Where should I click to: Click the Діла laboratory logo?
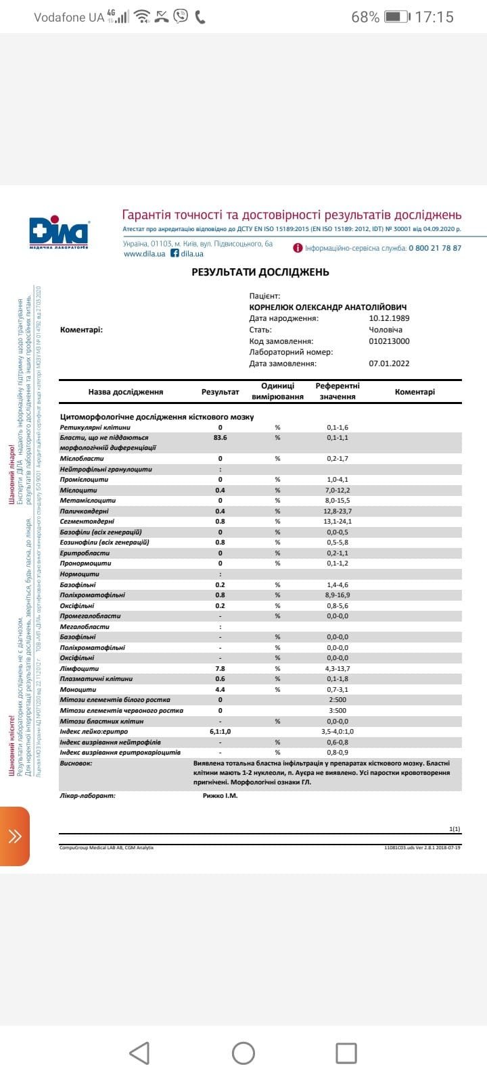coord(59,232)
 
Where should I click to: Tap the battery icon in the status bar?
coord(397,17)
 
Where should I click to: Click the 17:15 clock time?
coord(434,17)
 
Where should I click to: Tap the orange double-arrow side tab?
coord(15,836)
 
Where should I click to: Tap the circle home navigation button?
coord(243,1053)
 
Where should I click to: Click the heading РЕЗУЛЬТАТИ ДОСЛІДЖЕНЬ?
coord(260,272)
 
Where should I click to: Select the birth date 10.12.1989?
coord(389,318)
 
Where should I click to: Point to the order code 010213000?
coord(389,341)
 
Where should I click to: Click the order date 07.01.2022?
coord(389,363)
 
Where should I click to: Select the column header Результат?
coord(221,392)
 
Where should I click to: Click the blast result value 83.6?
coord(220,438)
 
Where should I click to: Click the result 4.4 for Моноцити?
coord(220,690)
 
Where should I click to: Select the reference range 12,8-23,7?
coord(338,511)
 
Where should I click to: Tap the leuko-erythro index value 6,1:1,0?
coord(220,732)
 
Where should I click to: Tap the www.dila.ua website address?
coord(144,254)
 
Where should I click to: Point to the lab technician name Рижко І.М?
coord(221,796)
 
